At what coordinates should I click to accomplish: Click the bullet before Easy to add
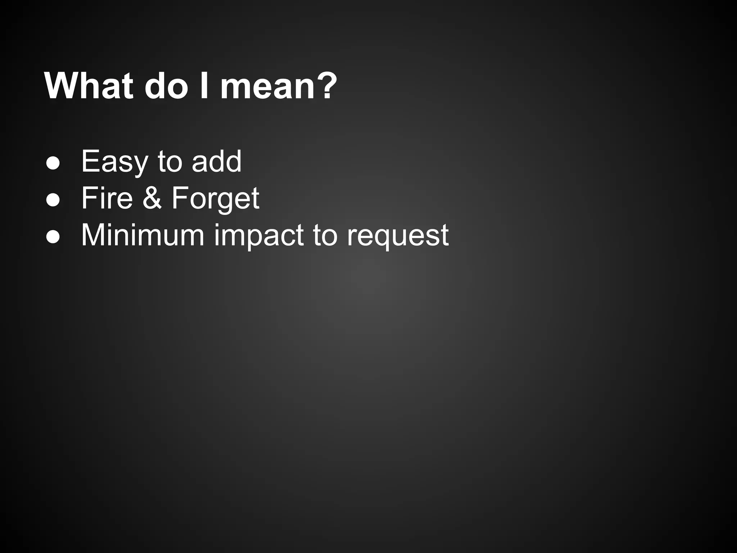pyautogui.click(x=53, y=163)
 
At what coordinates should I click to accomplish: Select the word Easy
pyautogui.click(x=114, y=162)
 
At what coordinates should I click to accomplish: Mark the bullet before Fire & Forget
pyautogui.click(x=53, y=200)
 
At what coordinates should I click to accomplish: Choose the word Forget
pyautogui.click(x=215, y=199)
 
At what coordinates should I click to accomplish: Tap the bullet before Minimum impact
pyautogui.click(x=53, y=237)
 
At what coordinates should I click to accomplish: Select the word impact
pyautogui.click(x=259, y=236)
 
